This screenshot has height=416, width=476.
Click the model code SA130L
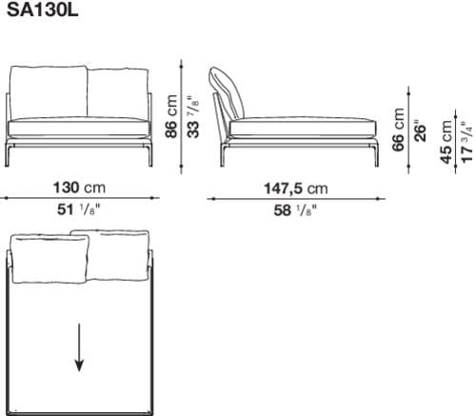(35, 11)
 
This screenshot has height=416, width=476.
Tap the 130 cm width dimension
(79, 188)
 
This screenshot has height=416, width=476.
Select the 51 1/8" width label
(79, 210)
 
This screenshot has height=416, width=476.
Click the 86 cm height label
(173, 116)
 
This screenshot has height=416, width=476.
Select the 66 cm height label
(400, 131)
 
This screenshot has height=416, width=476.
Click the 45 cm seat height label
(446, 143)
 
